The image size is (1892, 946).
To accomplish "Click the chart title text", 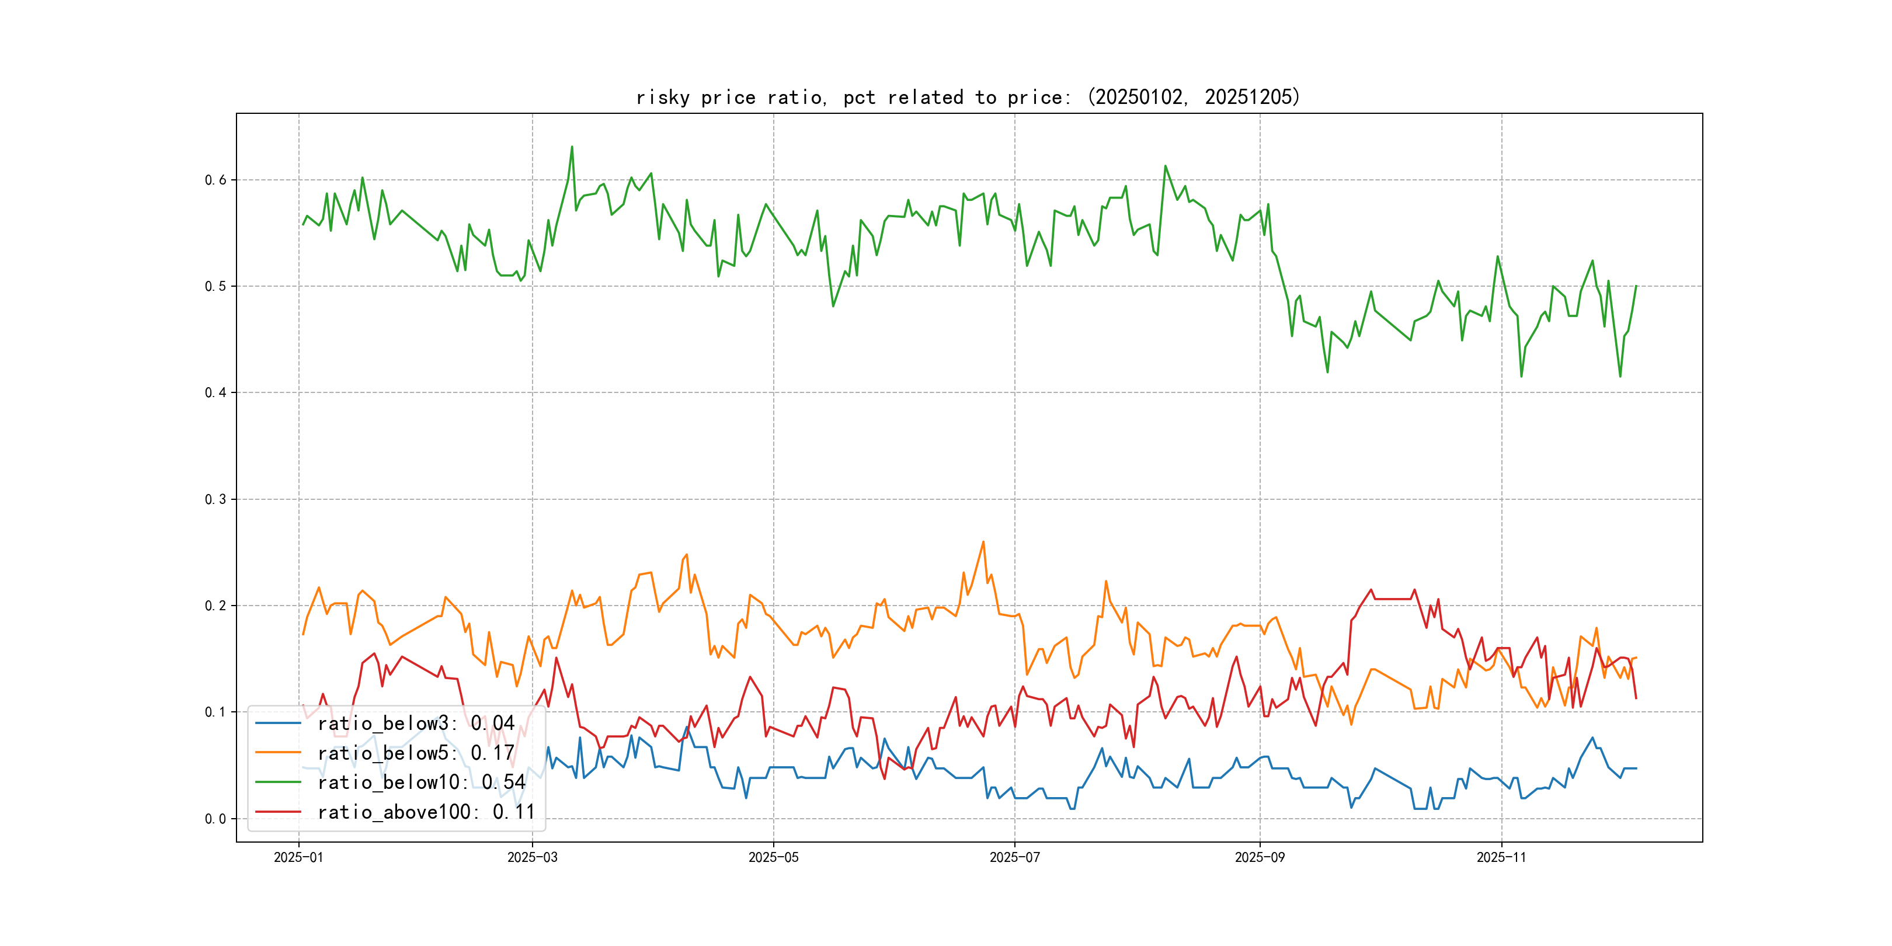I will coord(967,97).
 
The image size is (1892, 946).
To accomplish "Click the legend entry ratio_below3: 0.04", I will coord(416,724).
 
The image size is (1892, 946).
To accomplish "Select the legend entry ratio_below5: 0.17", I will coord(416,753).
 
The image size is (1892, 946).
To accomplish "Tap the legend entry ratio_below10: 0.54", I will coord(421,782).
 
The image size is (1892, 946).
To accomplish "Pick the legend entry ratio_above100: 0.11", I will coord(426,812).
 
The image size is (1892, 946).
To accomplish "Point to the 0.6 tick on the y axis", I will coord(215,180).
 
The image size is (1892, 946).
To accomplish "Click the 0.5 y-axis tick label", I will coord(215,287).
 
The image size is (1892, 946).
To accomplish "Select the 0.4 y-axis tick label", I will coord(215,393).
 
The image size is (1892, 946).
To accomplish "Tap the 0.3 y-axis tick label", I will coord(215,499).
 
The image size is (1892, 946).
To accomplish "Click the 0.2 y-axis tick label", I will coord(215,606).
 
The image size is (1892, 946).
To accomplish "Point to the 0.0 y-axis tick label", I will coord(215,819).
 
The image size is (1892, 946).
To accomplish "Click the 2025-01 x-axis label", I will coord(298,857).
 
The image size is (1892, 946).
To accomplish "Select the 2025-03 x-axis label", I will coord(532,857).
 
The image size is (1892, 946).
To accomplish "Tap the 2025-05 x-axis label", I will coord(773,857).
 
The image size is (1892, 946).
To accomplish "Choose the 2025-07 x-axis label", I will coord(1014,857).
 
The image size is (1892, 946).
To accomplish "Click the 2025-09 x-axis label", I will coord(1260,857).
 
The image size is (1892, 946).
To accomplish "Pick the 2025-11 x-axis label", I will coord(1501,857).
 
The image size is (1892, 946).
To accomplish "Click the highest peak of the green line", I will coord(572,147).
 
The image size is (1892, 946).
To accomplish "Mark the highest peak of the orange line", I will coord(983,542).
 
